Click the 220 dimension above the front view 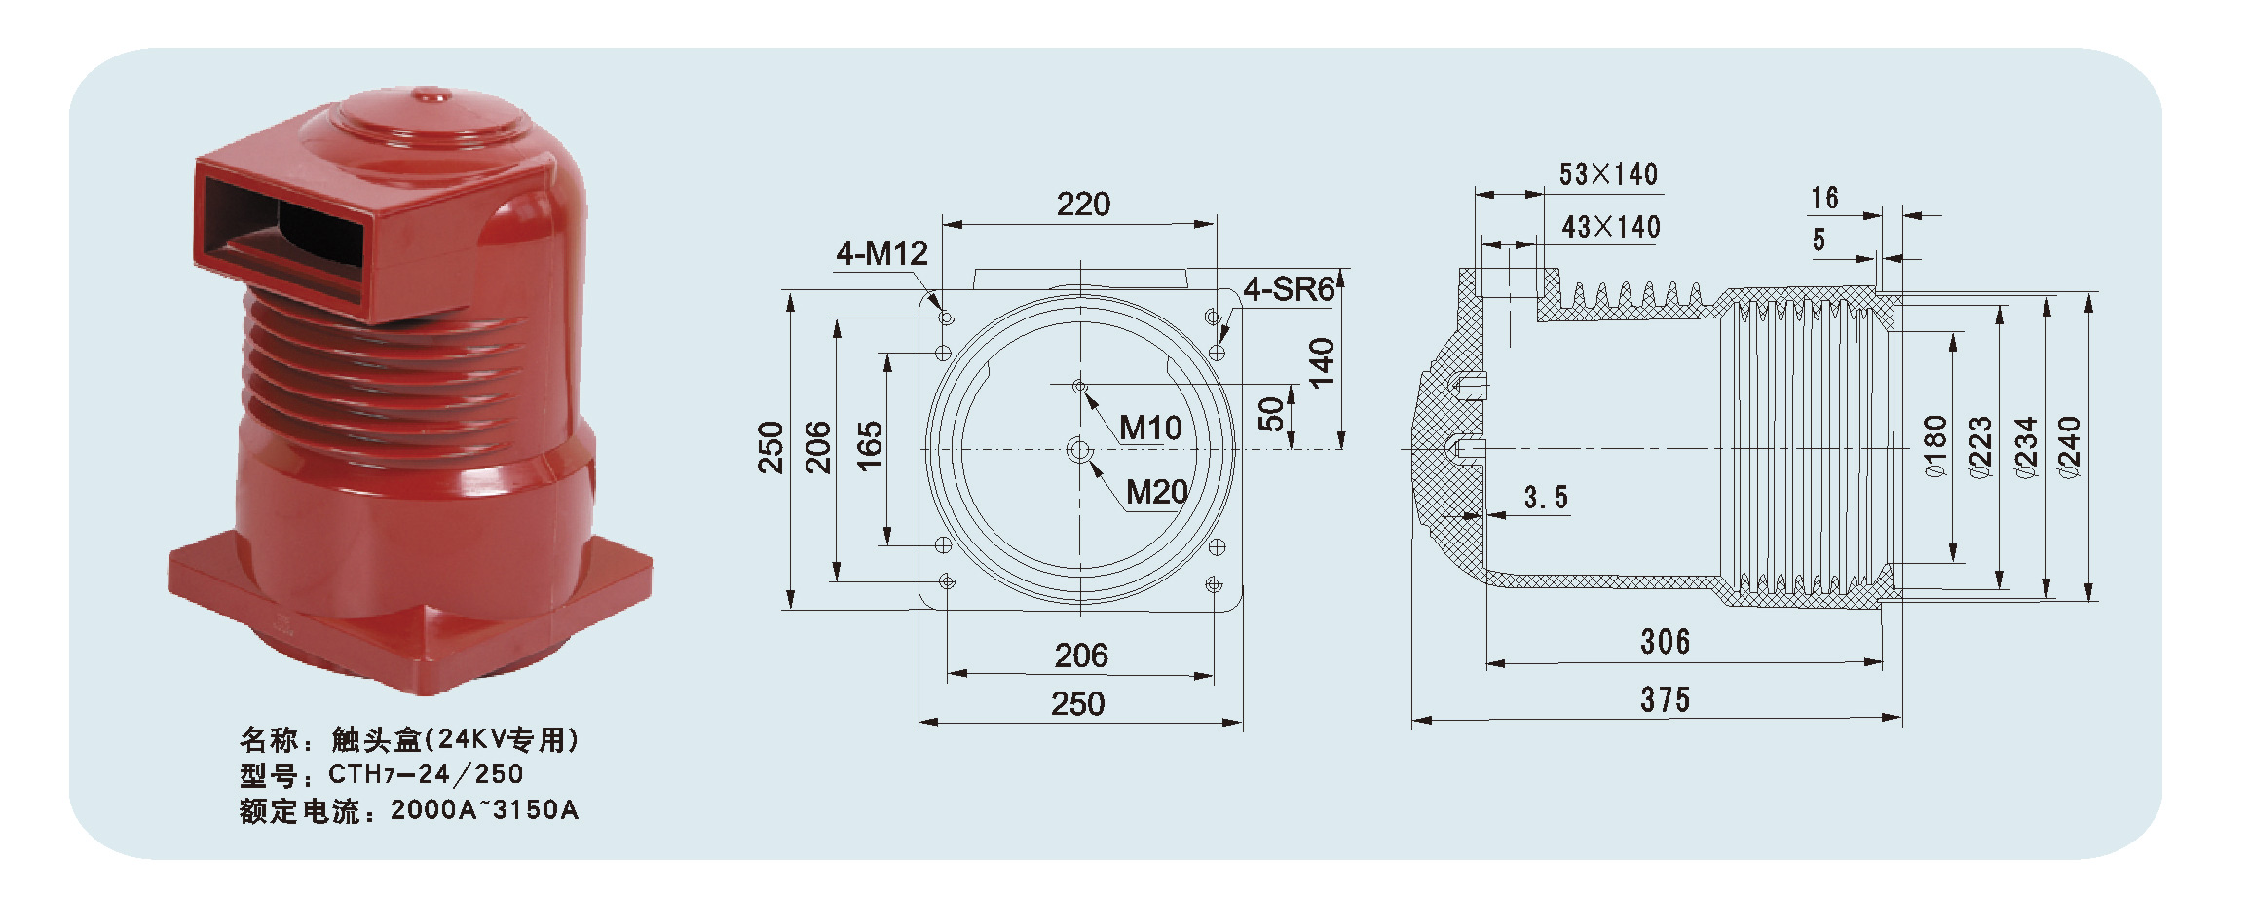1083,205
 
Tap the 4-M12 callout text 881,254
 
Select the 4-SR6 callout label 1289,289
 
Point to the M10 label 1150,428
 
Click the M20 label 1157,492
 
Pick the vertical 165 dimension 869,447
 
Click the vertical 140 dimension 1321,362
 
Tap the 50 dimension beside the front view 1271,414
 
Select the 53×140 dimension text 1608,174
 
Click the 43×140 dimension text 1611,227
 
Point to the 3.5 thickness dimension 1546,498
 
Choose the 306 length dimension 1665,642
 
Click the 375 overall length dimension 1665,699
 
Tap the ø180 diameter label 1935,447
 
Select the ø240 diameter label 2070,447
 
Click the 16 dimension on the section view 1824,199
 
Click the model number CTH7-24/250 426,774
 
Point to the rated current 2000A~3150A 484,809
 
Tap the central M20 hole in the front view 1079,450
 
